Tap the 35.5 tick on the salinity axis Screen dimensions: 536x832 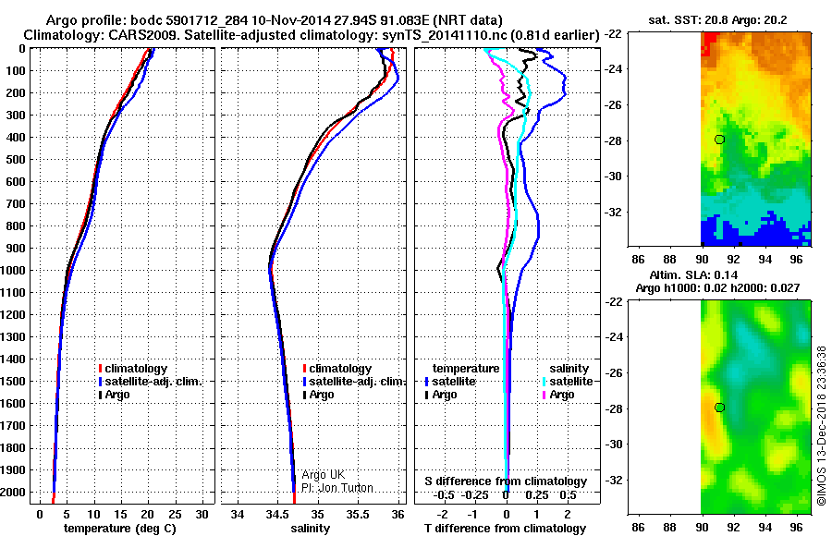click(x=358, y=513)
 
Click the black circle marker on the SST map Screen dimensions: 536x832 click(x=719, y=139)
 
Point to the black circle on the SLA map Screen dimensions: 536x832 click(x=719, y=407)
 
